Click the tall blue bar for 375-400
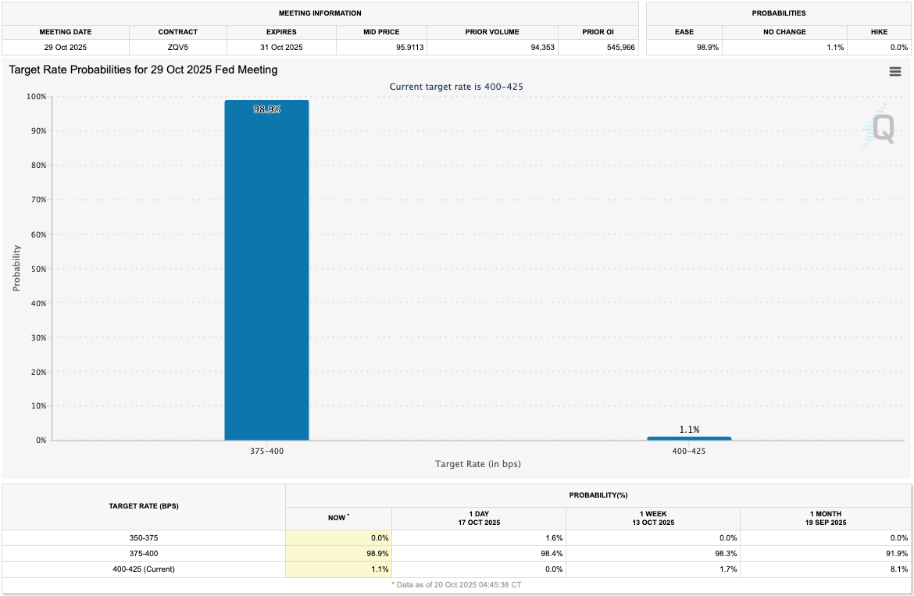pos(266,269)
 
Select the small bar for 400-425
pos(689,438)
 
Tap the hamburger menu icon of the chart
pos(895,72)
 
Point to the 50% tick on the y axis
pos(38,269)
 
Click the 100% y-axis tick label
pos(36,97)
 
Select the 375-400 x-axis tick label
pos(266,451)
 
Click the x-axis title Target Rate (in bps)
pos(477,464)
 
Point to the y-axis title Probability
pos(16,269)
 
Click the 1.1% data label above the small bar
pos(689,430)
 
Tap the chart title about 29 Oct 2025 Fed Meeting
pos(143,70)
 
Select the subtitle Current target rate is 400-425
pos(456,87)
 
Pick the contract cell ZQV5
pos(177,48)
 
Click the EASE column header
pos(684,32)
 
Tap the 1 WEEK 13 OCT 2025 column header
pos(652,518)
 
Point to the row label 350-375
pos(144,537)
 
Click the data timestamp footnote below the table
pos(456,584)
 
